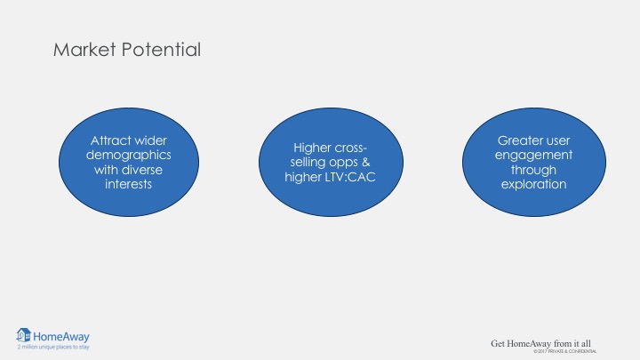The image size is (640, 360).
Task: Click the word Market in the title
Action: point(84,50)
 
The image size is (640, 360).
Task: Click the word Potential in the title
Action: point(161,50)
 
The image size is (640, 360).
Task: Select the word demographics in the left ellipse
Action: point(129,156)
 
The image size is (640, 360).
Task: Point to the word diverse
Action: point(142,170)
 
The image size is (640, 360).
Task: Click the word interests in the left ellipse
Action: point(129,184)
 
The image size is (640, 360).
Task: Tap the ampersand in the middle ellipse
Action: point(365,162)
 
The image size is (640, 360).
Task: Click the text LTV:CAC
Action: point(350,177)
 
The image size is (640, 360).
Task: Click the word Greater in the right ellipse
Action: point(516,140)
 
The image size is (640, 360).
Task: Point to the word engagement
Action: point(534,156)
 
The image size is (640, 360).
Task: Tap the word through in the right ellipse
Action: point(534,170)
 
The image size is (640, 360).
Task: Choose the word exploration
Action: point(534,185)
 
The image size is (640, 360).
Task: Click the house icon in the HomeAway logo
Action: point(23,335)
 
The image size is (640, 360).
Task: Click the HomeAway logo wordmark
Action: point(61,337)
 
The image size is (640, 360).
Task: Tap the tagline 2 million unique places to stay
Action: point(53,347)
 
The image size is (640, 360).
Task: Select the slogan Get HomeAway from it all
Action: point(540,344)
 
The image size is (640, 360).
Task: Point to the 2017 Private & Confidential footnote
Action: point(565,351)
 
